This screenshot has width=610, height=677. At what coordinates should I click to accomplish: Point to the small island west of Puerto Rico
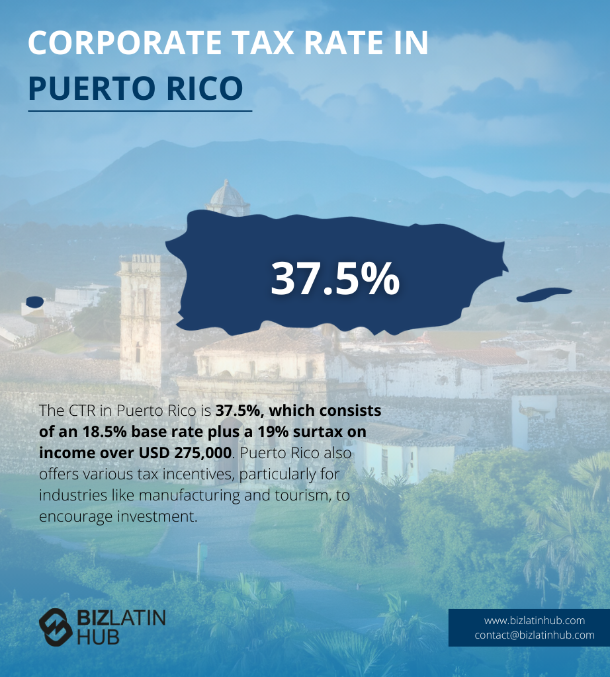(34, 302)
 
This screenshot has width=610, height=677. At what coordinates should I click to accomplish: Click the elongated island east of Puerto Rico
(544, 294)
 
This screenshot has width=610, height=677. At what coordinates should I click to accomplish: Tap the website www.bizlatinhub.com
(535, 620)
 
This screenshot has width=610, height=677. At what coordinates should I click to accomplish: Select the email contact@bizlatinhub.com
(535, 635)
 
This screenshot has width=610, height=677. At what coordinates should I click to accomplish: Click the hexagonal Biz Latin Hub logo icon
(56, 626)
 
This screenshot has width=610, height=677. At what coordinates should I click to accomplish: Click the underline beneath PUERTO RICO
(140, 111)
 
